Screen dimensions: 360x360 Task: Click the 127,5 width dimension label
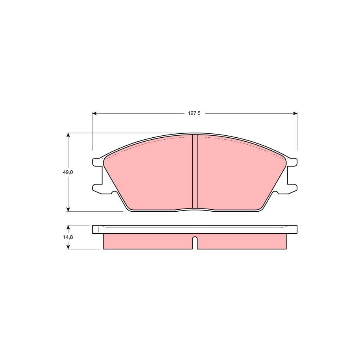point(194,113)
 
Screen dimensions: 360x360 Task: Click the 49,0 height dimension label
point(68,172)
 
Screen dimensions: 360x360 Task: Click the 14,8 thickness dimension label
point(68,237)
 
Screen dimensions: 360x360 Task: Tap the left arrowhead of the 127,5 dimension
point(94,113)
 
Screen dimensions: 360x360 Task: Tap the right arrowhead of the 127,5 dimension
point(295,113)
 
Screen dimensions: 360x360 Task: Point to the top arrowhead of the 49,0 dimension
point(68,135)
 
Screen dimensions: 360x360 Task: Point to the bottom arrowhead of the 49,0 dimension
point(68,209)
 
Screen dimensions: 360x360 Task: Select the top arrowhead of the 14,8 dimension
point(68,227)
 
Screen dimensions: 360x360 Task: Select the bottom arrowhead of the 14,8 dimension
point(68,247)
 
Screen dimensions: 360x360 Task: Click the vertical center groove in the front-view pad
point(195,172)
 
